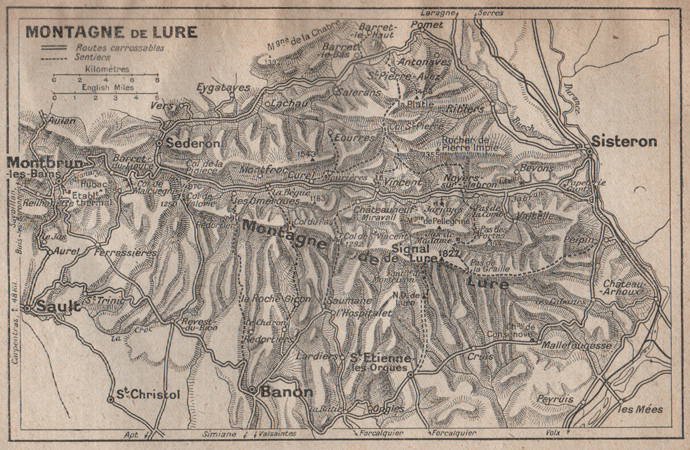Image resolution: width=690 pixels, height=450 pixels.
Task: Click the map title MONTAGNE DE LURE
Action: point(111,32)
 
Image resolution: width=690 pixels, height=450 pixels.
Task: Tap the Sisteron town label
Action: point(624,141)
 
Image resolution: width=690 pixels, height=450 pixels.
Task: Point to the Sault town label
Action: point(58,306)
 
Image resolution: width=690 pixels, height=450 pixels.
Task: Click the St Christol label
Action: point(148,394)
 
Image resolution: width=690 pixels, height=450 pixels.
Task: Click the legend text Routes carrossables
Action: point(119,48)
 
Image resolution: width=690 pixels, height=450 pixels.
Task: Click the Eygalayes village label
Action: point(223,88)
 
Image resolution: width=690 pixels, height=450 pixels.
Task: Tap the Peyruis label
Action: point(555,399)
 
